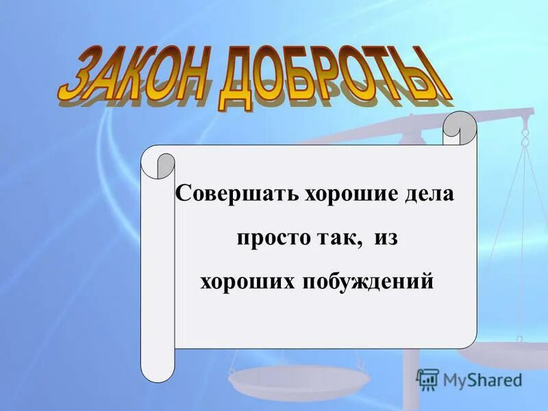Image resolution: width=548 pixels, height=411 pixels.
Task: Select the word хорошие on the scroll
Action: pos(342,193)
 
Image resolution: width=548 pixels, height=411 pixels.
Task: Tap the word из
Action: pos(387,239)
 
